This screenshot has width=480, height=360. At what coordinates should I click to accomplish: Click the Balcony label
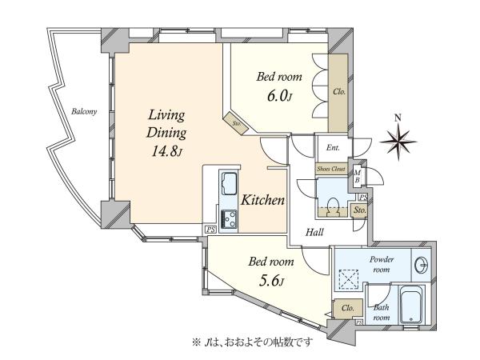tap(84, 111)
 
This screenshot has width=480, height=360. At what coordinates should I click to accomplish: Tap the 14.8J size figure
tap(167, 151)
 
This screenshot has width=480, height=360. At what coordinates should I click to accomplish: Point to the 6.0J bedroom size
tap(280, 96)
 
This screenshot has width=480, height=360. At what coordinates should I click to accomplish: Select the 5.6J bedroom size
tap(272, 281)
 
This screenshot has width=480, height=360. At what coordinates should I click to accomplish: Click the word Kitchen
tap(262, 200)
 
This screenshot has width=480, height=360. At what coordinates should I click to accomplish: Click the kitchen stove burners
tap(229, 218)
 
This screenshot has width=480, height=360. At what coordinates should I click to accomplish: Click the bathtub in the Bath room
tap(410, 305)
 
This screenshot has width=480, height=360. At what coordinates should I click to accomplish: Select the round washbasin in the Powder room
tap(422, 264)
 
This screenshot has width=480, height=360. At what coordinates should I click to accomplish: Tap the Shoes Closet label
tap(331, 169)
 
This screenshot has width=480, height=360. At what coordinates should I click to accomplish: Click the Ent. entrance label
tap(333, 147)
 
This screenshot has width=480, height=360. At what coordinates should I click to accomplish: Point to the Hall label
tap(314, 232)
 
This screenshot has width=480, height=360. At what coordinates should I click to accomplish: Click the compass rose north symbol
tap(398, 142)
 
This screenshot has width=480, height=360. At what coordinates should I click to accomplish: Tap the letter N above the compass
tap(398, 118)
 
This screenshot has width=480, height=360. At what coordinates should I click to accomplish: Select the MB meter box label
tap(357, 176)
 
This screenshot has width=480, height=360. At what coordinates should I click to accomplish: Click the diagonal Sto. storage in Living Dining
tap(235, 123)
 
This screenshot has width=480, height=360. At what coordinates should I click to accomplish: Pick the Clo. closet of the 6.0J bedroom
tap(338, 93)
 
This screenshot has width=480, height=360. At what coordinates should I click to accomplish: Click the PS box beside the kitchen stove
tap(210, 230)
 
